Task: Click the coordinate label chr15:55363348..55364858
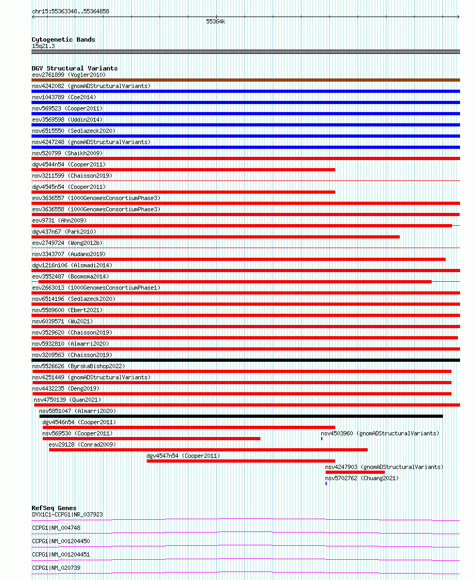[70, 11]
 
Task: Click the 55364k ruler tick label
[216, 22]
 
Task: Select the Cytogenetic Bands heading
[64, 39]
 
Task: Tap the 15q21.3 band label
[43, 46]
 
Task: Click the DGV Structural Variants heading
[75, 68]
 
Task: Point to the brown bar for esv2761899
[246, 80]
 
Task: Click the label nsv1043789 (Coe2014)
[64, 97]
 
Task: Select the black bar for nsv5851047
[241, 416]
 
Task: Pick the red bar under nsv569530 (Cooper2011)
[152, 439]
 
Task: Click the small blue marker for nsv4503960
[322, 439]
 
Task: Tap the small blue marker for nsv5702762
[326, 483]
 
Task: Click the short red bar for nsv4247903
[355, 472]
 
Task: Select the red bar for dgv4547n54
[241, 461]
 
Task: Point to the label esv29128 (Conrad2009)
[82, 444]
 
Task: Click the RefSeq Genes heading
[54, 508]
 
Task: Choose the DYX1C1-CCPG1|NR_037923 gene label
[67, 514]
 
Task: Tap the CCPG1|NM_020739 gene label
[56, 568]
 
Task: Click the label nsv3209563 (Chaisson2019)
[72, 355]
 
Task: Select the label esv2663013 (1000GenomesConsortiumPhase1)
[96, 288]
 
